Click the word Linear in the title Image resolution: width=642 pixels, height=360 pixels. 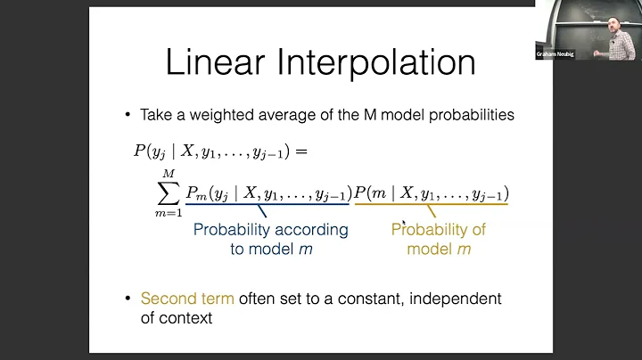pos(216,63)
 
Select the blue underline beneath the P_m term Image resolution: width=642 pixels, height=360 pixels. pos(268,206)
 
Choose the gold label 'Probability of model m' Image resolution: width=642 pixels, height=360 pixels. pos(439,239)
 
